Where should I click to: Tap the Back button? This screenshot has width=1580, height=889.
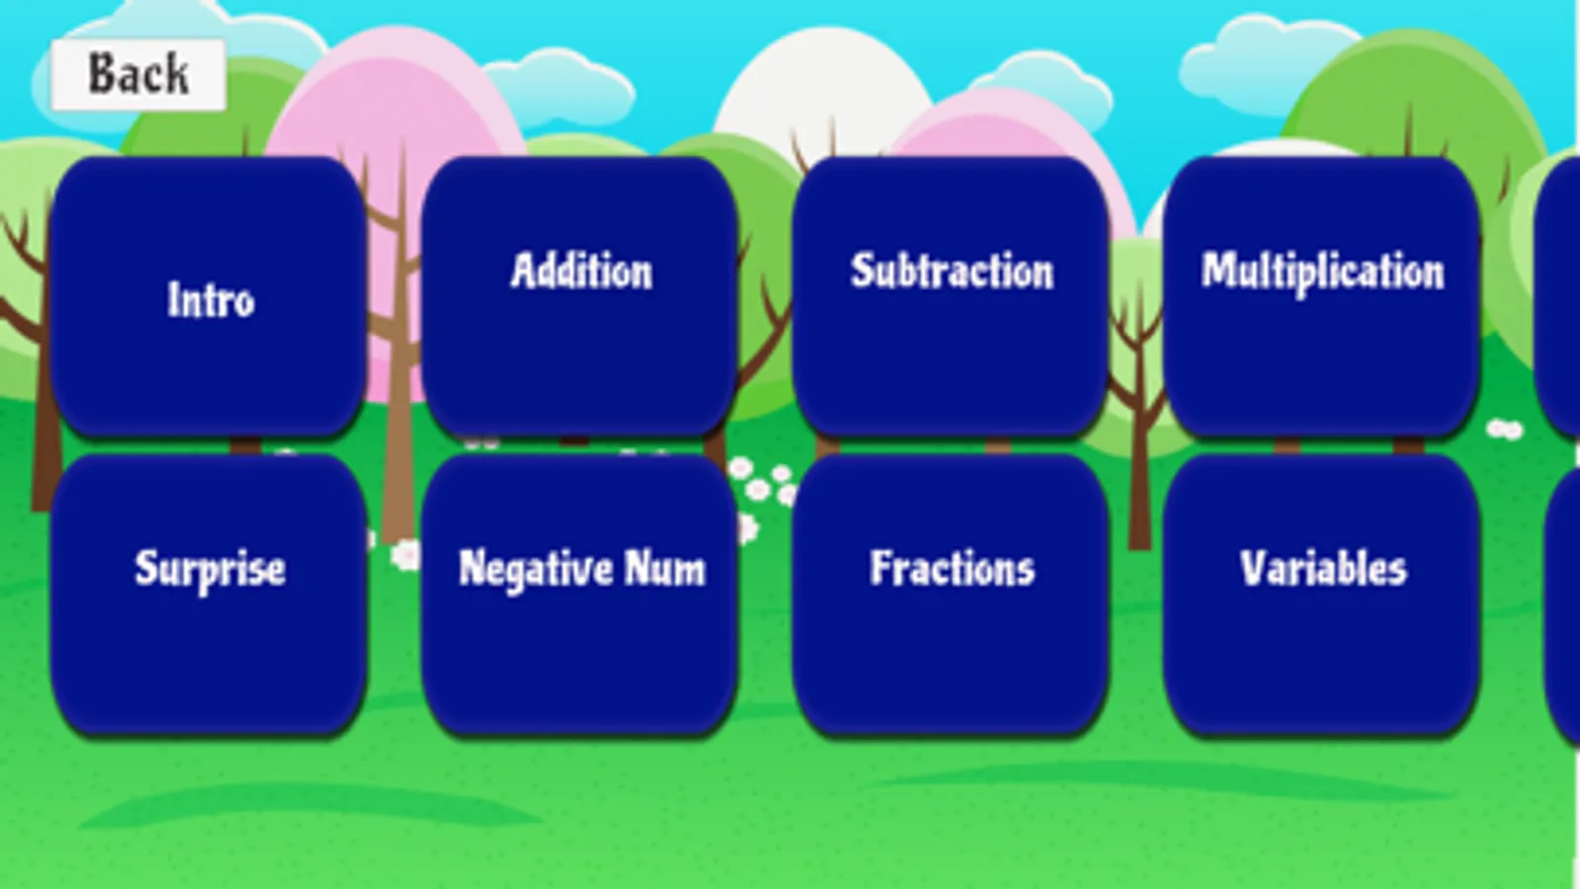(x=138, y=75)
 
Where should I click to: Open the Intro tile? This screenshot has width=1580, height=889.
(x=208, y=296)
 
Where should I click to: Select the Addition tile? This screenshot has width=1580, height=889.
(x=580, y=296)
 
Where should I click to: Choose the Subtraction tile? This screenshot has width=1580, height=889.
(x=951, y=296)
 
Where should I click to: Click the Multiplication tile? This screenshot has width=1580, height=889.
(x=1322, y=296)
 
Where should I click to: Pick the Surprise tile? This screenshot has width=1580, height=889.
(x=208, y=595)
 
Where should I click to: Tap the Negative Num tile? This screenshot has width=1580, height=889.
(x=580, y=595)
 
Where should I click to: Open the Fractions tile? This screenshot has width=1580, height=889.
(x=951, y=595)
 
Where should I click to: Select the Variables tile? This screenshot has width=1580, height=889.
(x=1322, y=595)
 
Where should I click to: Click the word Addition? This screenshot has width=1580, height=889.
(x=582, y=271)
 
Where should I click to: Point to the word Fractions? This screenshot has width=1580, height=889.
(x=953, y=568)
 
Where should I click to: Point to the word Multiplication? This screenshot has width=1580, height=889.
(x=1323, y=273)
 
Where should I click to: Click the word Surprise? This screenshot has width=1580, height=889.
(x=210, y=570)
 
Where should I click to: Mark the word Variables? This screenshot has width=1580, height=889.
(x=1323, y=568)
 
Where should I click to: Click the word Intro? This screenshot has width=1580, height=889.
(x=210, y=300)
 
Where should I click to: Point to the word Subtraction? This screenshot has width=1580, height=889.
(x=953, y=271)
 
